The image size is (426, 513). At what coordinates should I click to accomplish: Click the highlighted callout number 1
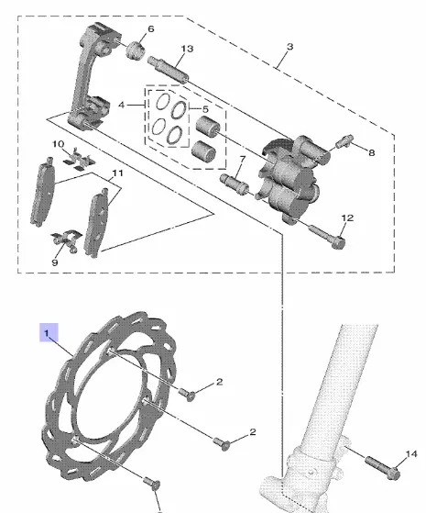47,334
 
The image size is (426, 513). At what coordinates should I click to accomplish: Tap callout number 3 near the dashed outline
289,47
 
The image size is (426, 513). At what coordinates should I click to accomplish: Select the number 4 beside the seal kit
122,105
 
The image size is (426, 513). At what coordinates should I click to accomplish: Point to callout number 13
187,49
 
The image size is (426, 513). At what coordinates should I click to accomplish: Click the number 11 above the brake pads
117,173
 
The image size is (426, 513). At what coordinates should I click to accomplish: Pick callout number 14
411,453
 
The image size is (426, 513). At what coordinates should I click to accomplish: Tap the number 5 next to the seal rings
205,109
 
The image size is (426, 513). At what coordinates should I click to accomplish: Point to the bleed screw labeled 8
344,140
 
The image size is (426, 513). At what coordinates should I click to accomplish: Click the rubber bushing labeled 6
136,50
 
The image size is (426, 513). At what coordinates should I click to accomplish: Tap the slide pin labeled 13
168,70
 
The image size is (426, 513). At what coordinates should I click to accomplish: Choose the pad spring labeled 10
79,160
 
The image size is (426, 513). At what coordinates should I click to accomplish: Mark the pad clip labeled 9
66,240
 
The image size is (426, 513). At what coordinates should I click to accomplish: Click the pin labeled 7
235,184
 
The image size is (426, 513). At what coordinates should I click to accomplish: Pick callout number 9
55,262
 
